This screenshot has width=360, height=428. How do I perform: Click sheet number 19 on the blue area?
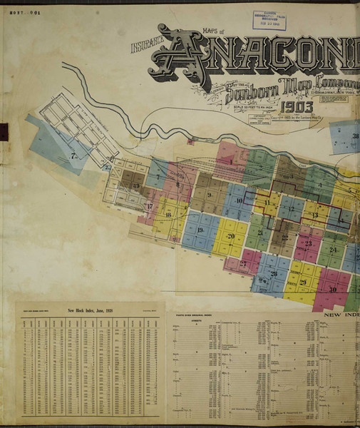[x=200, y=230]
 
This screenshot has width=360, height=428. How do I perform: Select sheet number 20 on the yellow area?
[x=230, y=237]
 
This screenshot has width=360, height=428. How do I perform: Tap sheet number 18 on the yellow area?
[x=168, y=214]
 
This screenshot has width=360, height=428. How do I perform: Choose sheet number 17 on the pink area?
[x=150, y=207]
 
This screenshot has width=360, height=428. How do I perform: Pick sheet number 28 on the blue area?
[x=274, y=274]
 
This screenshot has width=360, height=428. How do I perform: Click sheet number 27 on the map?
[x=243, y=263]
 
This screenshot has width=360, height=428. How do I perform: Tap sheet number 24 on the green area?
[x=332, y=250]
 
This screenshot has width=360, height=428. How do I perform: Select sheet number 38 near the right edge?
[x=354, y=137]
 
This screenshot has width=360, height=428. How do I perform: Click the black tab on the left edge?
[x=3, y=132]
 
